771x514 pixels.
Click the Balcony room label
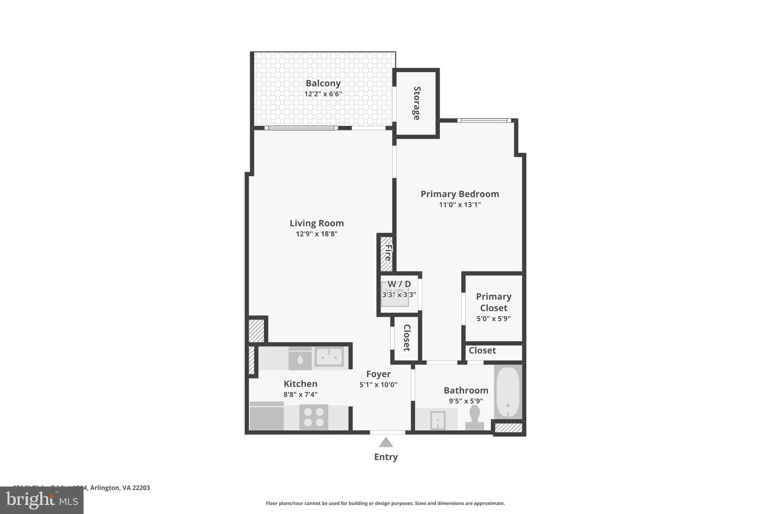(323, 83)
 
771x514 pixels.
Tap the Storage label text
(417, 103)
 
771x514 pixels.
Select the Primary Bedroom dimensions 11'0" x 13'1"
(460, 205)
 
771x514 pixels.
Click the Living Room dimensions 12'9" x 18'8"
(317, 234)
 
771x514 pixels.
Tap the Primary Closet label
(494, 302)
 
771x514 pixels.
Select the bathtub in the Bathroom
(508, 392)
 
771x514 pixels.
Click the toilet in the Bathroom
(475, 417)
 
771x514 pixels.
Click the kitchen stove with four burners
(314, 417)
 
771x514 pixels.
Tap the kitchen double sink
(329, 357)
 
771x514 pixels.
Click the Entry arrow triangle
(385, 442)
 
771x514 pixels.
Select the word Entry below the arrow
(385, 457)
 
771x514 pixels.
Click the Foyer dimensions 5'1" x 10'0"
(378, 385)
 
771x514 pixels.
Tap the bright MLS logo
(41, 500)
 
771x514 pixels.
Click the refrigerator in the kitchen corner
(267, 417)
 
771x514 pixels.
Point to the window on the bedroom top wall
(484, 120)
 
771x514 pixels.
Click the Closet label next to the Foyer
(407, 338)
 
